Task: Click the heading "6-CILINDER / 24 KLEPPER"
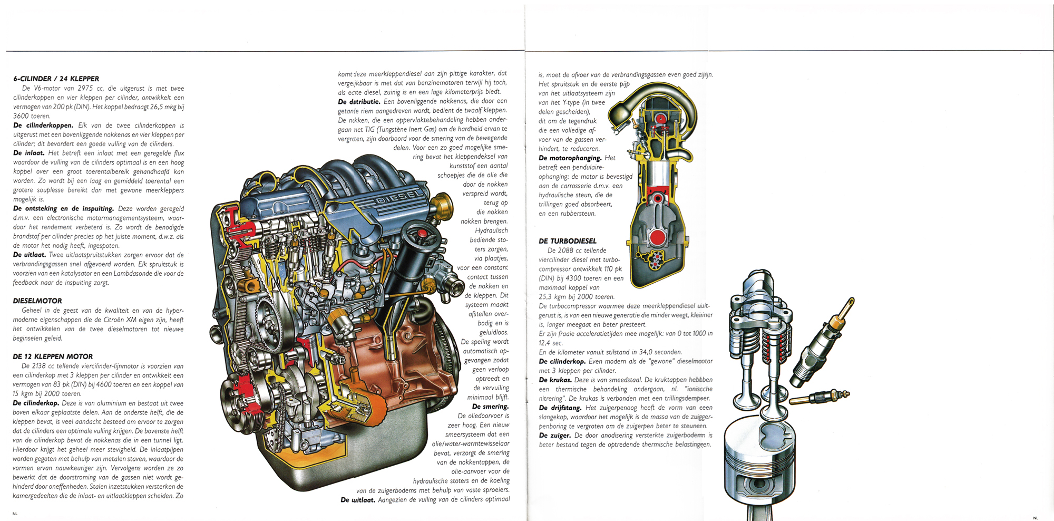click(56, 79)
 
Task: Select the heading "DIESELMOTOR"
click(37, 301)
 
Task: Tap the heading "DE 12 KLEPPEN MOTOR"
click(53, 356)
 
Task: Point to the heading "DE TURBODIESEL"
click(568, 241)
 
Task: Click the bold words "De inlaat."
click(28, 153)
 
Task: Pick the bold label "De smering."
click(491, 407)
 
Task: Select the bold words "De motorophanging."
click(570, 158)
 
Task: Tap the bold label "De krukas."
click(555, 380)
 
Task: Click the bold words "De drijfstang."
click(560, 408)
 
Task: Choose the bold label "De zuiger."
click(555, 436)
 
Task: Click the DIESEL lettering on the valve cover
click(399, 197)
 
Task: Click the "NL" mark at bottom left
click(15, 513)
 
